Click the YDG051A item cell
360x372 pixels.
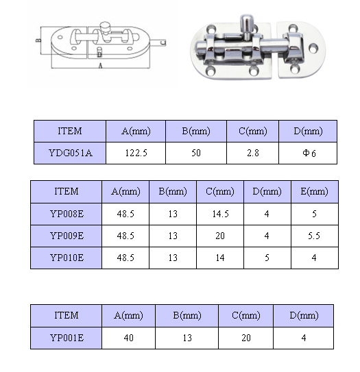[70, 153]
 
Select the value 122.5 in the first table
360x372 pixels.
[136, 153]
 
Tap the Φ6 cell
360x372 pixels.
[309, 153]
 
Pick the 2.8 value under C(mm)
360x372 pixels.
[253, 153]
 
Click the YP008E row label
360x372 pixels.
[67, 214]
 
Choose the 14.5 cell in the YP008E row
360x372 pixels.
[220, 214]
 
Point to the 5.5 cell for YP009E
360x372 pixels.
[315, 236]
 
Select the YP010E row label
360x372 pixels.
[67, 258]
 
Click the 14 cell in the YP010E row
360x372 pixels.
[220, 258]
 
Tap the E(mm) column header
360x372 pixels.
[315, 191]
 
